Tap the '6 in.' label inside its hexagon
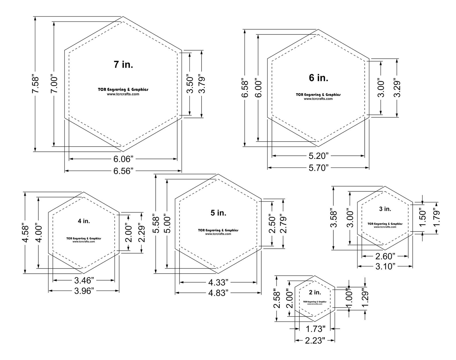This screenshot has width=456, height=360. point(318,78)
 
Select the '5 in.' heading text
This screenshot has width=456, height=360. point(218,213)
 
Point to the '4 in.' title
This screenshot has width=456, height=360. point(84,221)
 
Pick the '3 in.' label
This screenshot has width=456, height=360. point(385,209)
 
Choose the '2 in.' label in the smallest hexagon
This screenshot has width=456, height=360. point(315,293)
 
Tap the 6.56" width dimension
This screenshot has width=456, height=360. point(123,171)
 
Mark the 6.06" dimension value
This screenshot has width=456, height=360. point(123,159)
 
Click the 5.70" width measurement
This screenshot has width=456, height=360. point(318,168)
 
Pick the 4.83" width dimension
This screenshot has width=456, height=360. point(218,293)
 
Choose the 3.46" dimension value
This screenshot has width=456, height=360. point(84,281)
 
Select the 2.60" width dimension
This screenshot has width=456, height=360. point(385,256)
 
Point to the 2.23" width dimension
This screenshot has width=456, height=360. point(315,341)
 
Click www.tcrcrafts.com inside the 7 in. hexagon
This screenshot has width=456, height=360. point(123,94)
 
